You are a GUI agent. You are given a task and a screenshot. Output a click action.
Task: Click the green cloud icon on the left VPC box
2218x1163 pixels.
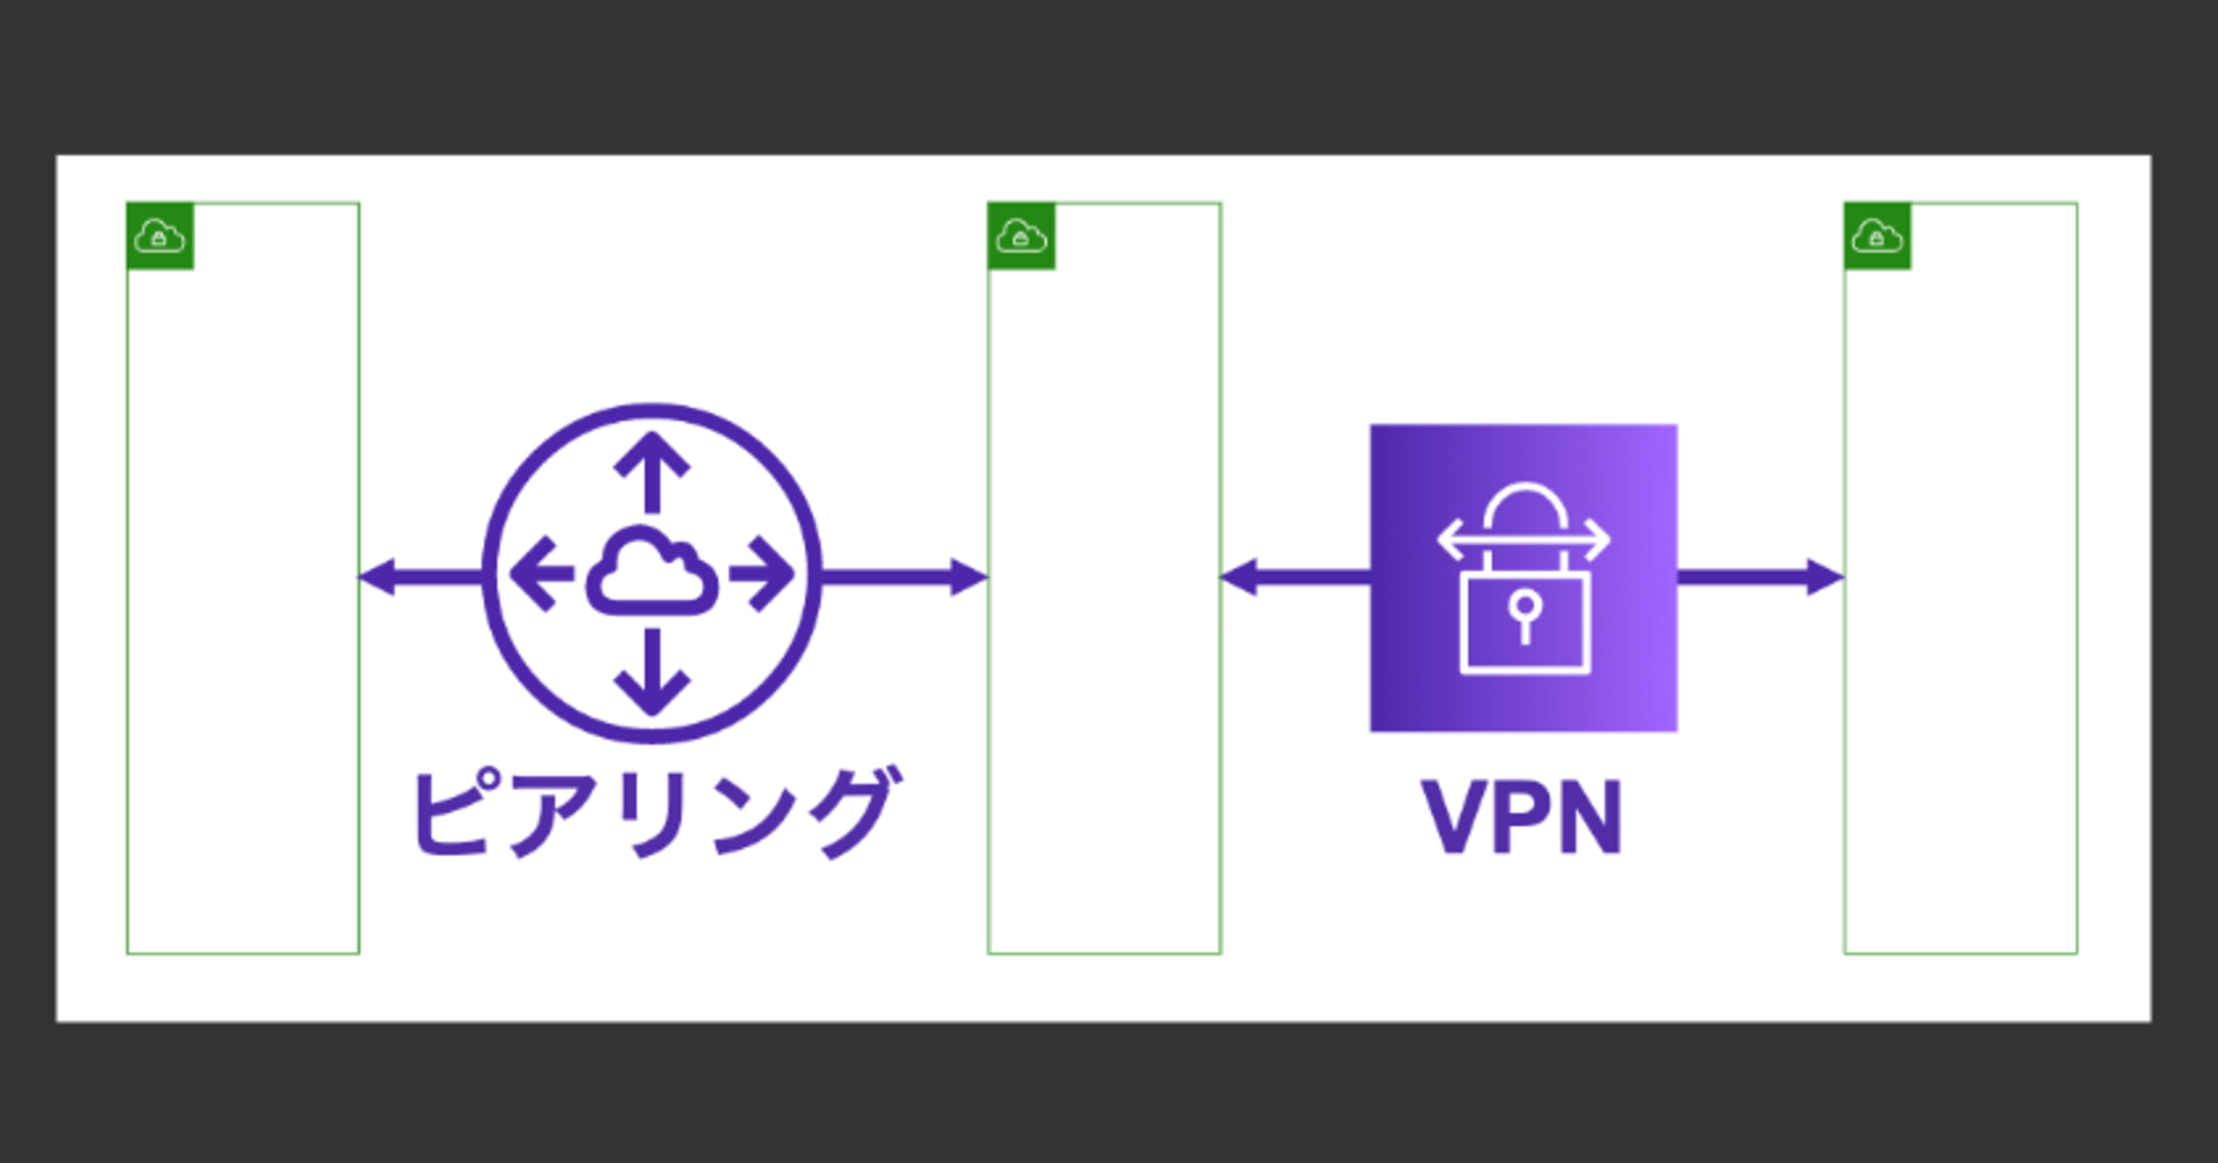point(160,236)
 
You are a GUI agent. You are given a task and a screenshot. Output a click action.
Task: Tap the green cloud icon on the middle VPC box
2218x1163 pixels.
point(1021,236)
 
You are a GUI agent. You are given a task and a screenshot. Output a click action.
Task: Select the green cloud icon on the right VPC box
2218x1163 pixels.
point(1878,236)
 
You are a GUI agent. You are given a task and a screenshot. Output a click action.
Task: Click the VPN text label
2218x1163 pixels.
point(1523,817)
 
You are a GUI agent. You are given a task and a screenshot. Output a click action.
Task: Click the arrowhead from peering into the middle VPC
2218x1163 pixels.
point(968,577)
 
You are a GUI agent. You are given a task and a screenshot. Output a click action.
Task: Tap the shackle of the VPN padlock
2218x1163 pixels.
point(1525,508)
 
